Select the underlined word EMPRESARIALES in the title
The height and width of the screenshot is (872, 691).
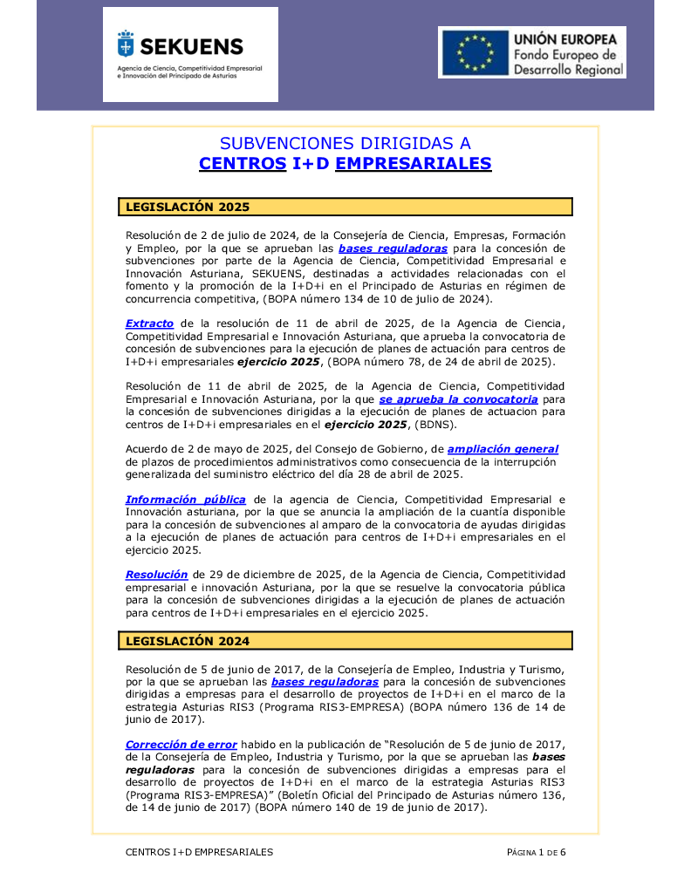[413, 164]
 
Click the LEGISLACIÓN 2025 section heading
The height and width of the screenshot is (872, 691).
[188, 208]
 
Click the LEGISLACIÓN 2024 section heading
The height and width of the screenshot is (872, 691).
[188, 641]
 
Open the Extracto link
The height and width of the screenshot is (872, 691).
[149, 324]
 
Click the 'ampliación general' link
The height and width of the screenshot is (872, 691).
[503, 449]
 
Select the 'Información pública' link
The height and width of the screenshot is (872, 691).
[185, 500]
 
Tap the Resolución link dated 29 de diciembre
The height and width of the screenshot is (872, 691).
[156, 575]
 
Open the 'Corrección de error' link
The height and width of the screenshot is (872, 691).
[181, 745]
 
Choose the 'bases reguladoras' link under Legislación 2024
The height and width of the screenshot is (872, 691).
[325, 682]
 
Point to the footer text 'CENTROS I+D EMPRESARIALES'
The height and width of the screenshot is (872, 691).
[199, 852]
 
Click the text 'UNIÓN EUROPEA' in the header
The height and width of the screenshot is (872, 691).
[565, 40]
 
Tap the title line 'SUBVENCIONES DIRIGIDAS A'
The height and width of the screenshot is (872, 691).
[345, 143]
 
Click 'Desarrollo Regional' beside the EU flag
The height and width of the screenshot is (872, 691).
[568, 70]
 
